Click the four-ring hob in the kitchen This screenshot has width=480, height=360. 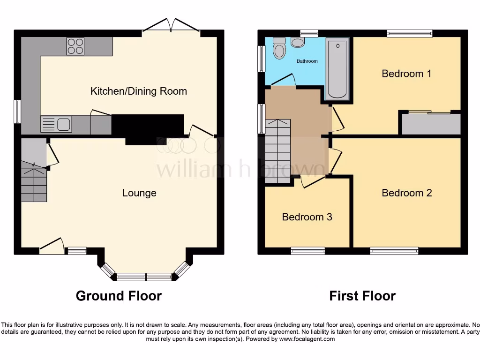point(75,46)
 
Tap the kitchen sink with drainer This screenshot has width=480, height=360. point(56,124)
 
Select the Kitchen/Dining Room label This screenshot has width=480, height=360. point(138,91)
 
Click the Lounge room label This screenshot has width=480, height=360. point(139,193)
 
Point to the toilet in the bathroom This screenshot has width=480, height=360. point(279,48)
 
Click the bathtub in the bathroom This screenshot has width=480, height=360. point(337,68)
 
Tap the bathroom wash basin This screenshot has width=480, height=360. point(298,42)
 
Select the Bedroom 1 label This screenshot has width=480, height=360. point(406,74)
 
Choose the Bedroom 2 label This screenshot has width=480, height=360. point(406,193)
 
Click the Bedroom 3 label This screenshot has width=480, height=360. point(307,217)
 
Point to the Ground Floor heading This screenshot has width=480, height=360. point(119,296)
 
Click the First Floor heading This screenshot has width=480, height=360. point(362,296)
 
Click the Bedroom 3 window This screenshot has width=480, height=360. point(308,251)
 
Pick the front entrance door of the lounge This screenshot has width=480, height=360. point(52,246)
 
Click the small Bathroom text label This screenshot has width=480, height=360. point(307,61)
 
